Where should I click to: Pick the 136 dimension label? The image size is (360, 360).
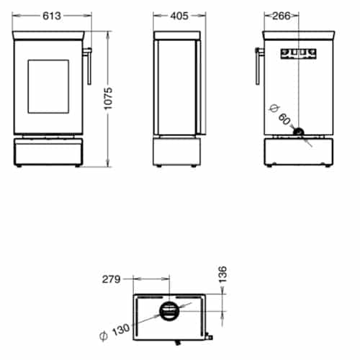click(222, 275)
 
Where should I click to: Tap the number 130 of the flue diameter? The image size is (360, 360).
click(122, 330)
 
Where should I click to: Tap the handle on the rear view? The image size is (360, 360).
click(257, 66)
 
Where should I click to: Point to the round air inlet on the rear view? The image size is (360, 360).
click(297, 132)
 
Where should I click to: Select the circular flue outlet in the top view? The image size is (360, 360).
click(168, 312)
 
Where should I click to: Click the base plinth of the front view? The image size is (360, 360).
click(48, 153)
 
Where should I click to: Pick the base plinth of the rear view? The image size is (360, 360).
click(299, 153)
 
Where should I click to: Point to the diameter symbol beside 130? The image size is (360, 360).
click(103, 336)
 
